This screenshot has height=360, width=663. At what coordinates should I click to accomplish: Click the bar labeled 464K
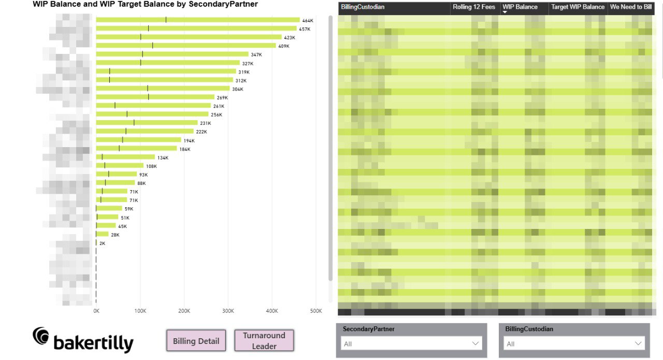tap(197, 20)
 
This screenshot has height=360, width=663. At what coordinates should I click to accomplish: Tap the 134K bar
tap(125, 157)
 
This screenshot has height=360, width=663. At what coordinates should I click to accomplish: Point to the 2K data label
tap(102, 243)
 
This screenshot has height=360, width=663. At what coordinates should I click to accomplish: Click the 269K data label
tap(222, 97)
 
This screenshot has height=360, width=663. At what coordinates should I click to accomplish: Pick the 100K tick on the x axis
tap(140, 311)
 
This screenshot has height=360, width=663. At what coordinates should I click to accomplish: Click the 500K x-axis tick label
tap(315, 311)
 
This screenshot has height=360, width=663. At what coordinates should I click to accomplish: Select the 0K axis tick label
tap(96, 311)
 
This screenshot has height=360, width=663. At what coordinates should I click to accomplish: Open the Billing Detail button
tap(196, 341)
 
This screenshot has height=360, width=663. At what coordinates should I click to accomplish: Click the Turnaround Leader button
tap(264, 341)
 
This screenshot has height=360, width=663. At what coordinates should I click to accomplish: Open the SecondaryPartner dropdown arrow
tap(475, 343)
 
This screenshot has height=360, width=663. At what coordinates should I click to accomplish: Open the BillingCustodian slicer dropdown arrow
tap(638, 343)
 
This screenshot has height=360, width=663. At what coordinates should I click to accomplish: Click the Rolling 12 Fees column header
tap(473, 7)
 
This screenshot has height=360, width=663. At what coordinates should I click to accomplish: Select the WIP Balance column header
tap(520, 7)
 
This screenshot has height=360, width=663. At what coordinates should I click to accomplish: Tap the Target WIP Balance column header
tap(578, 7)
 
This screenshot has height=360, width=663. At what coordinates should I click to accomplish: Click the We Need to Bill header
tap(630, 7)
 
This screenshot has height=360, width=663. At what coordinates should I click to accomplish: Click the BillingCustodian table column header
tap(363, 7)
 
